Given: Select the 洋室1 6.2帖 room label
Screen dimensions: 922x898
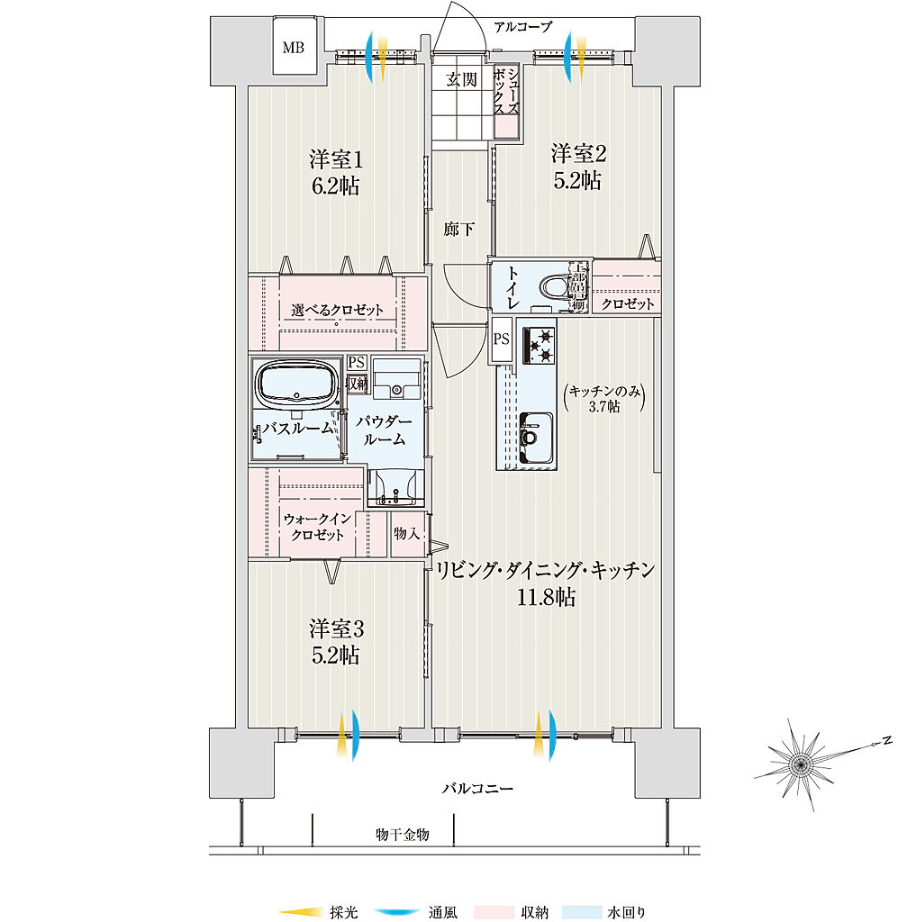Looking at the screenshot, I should coord(336,173).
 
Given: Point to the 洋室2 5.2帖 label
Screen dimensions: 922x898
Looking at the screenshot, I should coord(577,167).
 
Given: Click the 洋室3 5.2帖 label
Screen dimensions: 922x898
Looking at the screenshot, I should coord(336,640).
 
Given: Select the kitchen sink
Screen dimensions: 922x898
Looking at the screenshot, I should coord(538,439).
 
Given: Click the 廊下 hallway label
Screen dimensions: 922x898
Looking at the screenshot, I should coord(459,230).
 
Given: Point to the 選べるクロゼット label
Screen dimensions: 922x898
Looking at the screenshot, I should coord(337,311).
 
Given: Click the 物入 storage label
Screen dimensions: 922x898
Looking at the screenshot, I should coord(407,533).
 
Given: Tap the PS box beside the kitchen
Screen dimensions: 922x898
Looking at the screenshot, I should coord(502,339).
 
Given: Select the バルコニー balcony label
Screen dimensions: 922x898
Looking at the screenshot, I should coord(477,789).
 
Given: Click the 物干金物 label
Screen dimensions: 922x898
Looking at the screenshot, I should coord(402,835).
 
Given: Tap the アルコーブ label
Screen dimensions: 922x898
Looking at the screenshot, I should coord(522,26).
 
